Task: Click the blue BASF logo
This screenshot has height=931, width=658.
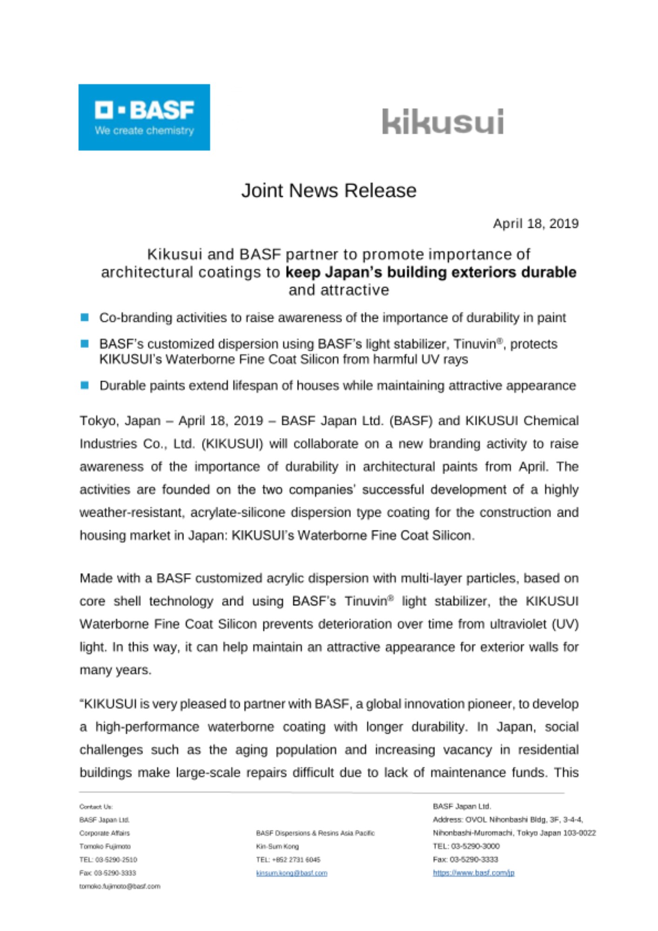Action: click(x=144, y=117)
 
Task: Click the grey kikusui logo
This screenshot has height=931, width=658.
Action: click(x=443, y=122)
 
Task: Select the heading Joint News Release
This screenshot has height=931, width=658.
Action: click(x=329, y=190)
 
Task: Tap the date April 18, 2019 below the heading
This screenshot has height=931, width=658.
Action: click(x=536, y=224)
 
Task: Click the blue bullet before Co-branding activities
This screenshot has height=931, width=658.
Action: click(x=85, y=317)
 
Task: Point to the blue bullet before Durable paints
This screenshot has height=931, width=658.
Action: click(x=85, y=385)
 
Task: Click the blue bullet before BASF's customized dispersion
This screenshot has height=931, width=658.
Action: click(x=85, y=344)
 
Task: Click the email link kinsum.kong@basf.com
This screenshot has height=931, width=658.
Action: click(x=291, y=873)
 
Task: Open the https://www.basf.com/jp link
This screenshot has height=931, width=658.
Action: click(x=473, y=873)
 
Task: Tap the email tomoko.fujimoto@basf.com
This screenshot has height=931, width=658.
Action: click(x=120, y=886)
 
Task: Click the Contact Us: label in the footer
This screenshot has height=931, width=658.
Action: click(x=96, y=807)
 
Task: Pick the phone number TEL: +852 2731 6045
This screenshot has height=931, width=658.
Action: click(x=288, y=860)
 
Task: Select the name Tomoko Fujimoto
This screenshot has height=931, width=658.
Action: click(x=105, y=846)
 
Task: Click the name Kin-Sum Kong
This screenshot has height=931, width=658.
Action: click(x=277, y=846)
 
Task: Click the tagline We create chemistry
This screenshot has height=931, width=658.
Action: click(x=144, y=131)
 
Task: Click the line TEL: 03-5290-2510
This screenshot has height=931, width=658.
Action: click(x=108, y=860)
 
